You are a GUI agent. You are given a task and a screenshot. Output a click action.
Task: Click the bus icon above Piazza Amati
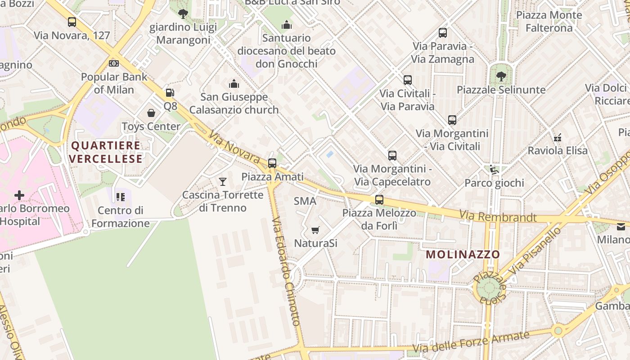pos(272,163)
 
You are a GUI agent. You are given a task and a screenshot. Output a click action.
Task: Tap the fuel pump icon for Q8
pos(170,93)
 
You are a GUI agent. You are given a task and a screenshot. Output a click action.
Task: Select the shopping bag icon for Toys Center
pos(151,113)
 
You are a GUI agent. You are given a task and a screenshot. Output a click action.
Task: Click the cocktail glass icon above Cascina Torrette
pos(222,182)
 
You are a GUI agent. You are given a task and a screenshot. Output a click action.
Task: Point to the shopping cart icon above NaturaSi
pos(315,230)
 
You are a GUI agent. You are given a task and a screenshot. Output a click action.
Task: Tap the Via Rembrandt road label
pos(498,217)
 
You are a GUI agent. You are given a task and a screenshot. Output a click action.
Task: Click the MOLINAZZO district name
pos(463,254)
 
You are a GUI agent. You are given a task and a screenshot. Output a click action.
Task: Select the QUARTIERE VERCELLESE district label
pos(106,152)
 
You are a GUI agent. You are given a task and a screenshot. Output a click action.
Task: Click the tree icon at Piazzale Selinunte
pos(501,76)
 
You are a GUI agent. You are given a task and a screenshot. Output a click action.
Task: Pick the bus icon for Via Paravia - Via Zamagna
pos(443,33)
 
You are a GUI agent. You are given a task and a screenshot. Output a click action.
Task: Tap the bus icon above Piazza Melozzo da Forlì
pos(379,200)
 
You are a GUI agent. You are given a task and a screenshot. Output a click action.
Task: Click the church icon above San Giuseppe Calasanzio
pos(234,84)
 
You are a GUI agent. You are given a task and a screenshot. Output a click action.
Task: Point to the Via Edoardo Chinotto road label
pos(286,271)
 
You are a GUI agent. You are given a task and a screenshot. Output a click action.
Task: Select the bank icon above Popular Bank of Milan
pos(114,63)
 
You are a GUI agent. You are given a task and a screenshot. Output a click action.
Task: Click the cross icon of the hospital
pos(19,195)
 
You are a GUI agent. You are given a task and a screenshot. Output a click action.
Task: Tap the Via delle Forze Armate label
pos(471,342)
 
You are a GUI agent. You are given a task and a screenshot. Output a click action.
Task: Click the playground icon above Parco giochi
pos(494,170)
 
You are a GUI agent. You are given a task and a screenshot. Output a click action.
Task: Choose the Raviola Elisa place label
pos(558,150)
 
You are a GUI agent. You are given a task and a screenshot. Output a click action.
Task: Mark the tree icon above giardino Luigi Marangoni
pos(183,13)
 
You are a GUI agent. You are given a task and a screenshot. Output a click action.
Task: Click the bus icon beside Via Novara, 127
pos(72,22)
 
